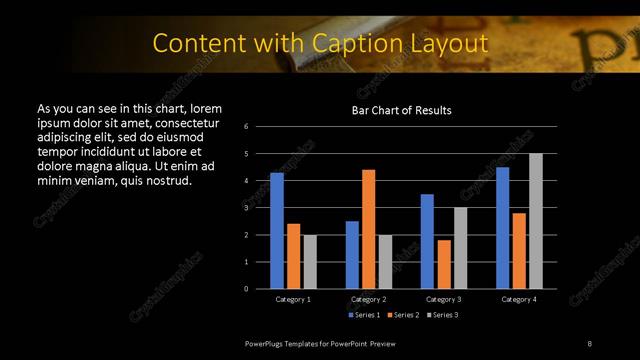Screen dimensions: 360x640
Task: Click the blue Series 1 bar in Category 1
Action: (277, 230)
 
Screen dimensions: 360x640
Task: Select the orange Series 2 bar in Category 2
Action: (368, 229)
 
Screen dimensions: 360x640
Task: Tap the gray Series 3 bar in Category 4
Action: (536, 221)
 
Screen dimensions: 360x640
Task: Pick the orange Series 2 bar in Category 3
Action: (444, 264)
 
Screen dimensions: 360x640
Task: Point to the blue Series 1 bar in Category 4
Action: (503, 227)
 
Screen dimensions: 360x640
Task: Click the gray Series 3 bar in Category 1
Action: (310, 261)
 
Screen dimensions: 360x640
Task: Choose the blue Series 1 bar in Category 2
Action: (352, 254)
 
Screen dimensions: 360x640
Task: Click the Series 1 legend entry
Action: (363, 315)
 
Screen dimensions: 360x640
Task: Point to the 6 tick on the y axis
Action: (246, 127)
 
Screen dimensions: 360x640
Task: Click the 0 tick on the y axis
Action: (246, 289)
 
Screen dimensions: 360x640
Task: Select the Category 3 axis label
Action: (444, 299)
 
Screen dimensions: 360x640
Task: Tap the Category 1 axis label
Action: (293, 299)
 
